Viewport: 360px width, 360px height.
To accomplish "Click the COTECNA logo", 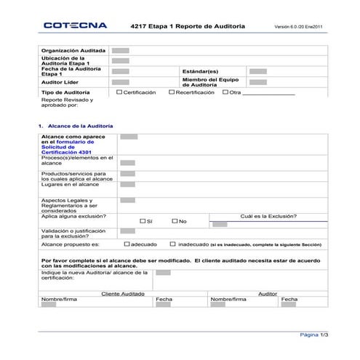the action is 75,25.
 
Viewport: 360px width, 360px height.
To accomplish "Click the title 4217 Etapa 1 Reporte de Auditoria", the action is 188,26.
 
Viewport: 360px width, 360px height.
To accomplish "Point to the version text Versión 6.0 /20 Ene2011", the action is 298,27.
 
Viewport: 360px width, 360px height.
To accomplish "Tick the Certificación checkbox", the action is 119,92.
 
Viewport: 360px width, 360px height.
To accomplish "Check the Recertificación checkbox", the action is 172,92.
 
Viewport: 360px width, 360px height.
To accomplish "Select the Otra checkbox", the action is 225,92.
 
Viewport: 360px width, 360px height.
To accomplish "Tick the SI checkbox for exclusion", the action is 143,220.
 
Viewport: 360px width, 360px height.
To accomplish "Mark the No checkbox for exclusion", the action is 175,220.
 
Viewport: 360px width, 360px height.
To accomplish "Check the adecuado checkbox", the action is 127,245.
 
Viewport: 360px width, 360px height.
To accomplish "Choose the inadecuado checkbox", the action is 172,245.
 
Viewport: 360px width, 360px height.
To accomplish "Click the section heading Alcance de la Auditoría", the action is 76,126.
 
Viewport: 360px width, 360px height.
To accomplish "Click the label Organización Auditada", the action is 73,51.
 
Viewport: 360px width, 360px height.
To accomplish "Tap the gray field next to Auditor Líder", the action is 121,83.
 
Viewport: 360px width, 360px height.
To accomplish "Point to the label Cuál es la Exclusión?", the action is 268,215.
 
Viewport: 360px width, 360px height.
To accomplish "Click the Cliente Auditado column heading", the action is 122,293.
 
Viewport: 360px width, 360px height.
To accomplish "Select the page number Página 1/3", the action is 314,335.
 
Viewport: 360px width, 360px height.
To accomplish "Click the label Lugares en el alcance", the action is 70,185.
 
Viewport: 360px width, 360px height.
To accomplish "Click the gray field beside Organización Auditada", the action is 121,51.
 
